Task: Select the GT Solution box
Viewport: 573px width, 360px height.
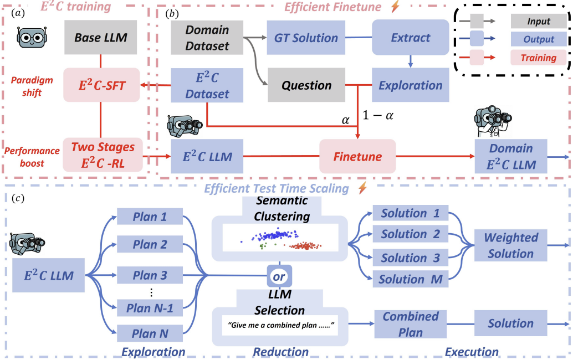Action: click(306, 38)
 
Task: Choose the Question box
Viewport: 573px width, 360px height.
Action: click(306, 85)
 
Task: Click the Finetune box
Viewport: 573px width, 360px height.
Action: click(357, 156)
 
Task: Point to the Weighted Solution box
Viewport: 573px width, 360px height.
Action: click(510, 245)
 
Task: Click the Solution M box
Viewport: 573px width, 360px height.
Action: click(410, 280)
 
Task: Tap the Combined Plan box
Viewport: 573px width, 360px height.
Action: click(410, 324)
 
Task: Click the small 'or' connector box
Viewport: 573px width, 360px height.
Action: click(279, 275)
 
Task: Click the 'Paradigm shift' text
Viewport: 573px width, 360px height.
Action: click(32, 85)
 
